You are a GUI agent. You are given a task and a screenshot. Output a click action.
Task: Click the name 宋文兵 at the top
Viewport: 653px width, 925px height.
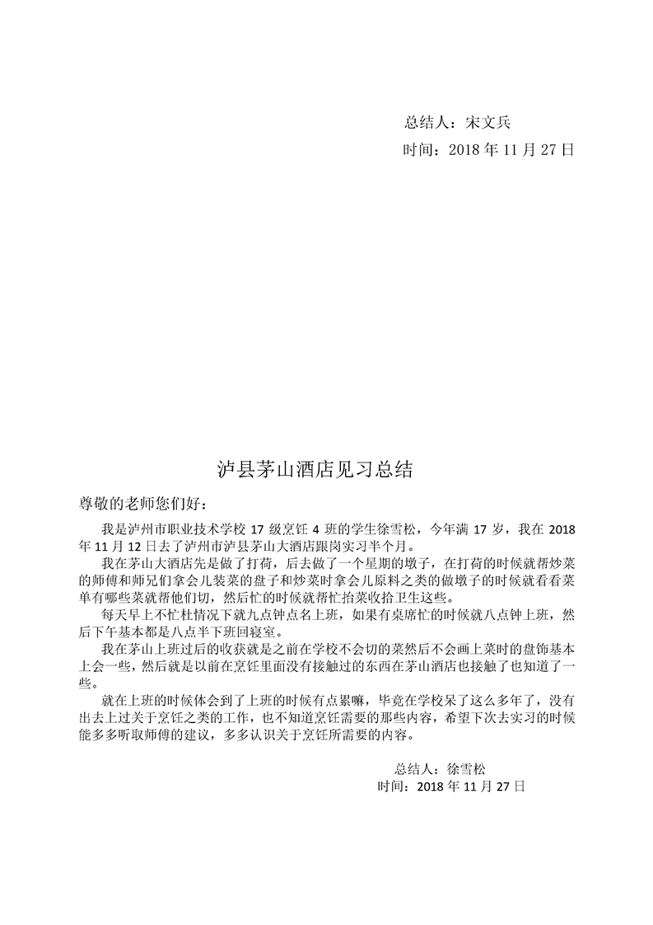click(488, 123)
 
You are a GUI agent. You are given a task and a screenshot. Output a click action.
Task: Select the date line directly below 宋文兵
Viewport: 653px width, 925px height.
click(487, 150)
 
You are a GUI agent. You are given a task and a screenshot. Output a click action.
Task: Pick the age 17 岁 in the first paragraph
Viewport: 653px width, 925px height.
click(487, 528)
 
